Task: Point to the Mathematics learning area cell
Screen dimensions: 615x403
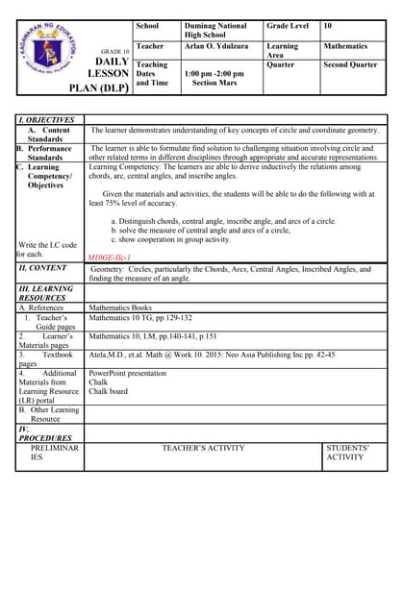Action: coord(345,45)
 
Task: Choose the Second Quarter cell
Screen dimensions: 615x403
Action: coord(350,64)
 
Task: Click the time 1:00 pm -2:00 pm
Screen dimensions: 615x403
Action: coord(215,73)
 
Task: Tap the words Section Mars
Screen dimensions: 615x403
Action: coord(214,83)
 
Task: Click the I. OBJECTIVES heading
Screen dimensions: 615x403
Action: coord(49,119)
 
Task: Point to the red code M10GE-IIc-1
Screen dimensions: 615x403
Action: coord(110,258)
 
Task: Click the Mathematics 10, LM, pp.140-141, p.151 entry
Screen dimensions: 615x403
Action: coord(152,336)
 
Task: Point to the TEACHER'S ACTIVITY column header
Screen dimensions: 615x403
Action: coord(203,448)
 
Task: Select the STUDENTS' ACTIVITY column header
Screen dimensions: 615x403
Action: coord(348,453)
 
